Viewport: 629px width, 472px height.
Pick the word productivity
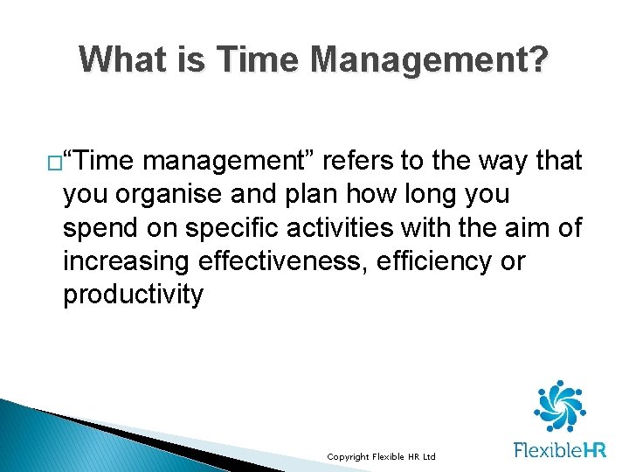(x=133, y=294)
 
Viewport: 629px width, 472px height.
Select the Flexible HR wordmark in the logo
(x=559, y=450)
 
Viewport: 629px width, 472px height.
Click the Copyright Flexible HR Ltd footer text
(x=381, y=457)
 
